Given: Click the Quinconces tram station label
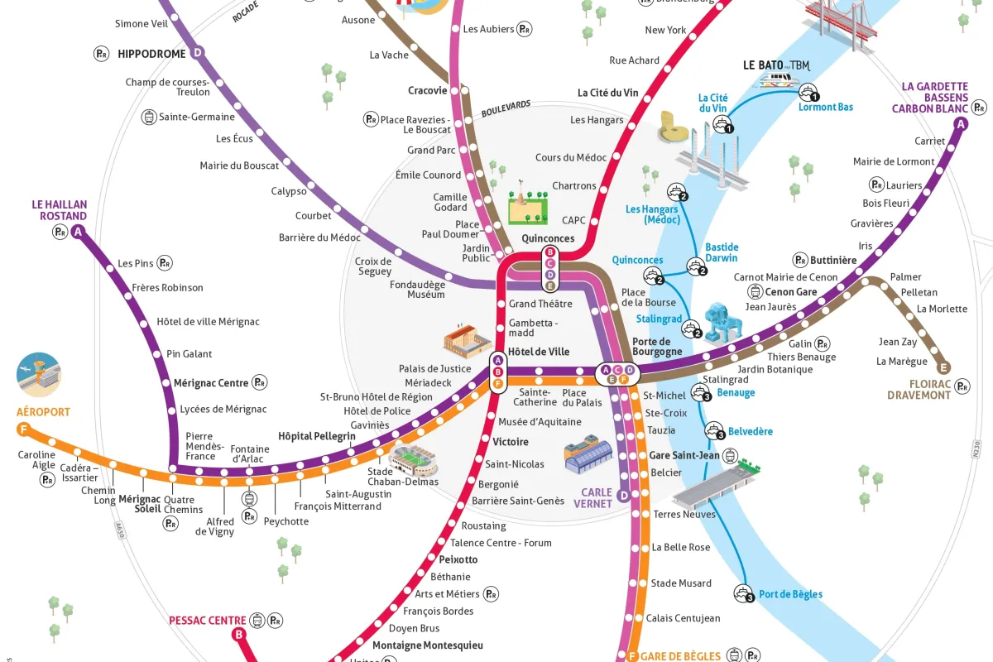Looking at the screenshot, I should tap(548, 238).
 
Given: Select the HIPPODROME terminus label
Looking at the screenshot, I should tap(151, 54).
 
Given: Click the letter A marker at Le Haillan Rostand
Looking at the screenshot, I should tap(79, 233).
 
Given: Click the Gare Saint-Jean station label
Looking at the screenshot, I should tap(684, 455).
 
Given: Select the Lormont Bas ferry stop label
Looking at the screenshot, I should tap(825, 107).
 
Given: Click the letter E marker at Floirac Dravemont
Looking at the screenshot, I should tap(943, 368).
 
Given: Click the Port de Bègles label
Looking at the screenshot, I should tap(790, 594).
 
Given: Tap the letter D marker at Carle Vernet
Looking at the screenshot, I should tap(625, 495).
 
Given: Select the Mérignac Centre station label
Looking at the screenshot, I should tap(211, 383).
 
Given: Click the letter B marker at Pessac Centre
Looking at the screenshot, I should tap(239, 635).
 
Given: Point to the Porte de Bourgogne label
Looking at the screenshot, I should tap(657, 346).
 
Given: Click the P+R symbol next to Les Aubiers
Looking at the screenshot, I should tap(525, 29).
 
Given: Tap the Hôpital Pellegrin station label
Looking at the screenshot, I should tap(317, 436).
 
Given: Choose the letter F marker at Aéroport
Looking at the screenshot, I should tap(22, 429).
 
